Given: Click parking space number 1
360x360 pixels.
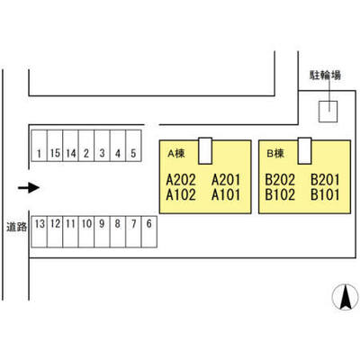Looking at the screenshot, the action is click(39, 146).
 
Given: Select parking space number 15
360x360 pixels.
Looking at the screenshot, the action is click(55, 146).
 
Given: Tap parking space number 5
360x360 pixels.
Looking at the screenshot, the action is click(133, 146).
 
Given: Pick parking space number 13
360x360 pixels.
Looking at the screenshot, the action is click(39, 231).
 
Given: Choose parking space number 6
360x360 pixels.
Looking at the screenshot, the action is click(149, 231).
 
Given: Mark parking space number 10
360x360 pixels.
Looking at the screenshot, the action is click(86, 231).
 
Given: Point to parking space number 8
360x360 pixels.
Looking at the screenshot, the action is click(118, 231).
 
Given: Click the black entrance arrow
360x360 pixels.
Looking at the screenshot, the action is click(29, 188).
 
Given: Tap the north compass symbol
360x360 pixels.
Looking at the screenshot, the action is click(346, 296).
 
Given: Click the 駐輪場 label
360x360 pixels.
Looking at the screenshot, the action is click(326, 75).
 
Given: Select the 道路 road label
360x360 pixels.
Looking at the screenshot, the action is click(17, 227).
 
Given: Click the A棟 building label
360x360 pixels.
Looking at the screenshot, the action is click(176, 154).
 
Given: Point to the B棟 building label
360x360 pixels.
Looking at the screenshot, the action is click(275, 154).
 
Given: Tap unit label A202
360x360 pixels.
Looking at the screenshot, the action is click(181, 180).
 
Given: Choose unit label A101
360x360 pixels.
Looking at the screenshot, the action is click(226, 195).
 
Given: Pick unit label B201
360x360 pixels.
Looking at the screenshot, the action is click(325, 180).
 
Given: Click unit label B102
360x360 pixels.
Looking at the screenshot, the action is click(280, 195).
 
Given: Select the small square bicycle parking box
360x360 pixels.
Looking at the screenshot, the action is click(328, 112).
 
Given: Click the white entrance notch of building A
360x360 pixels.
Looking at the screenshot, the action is click(205, 151).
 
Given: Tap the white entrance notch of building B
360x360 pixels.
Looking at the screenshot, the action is click(304, 151).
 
